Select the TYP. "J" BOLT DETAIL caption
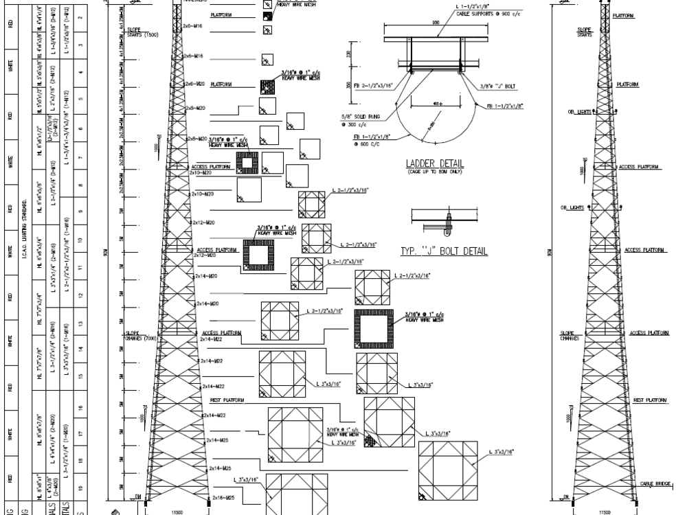[x=444, y=251]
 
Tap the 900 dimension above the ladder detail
[x=436, y=22]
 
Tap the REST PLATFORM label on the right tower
[x=649, y=399]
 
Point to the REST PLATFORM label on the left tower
[x=225, y=398]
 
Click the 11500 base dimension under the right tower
[x=605, y=511]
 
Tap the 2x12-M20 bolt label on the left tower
[x=205, y=223]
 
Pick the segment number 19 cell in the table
[x=80, y=488]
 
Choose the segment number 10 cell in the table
[x=80, y=240]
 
